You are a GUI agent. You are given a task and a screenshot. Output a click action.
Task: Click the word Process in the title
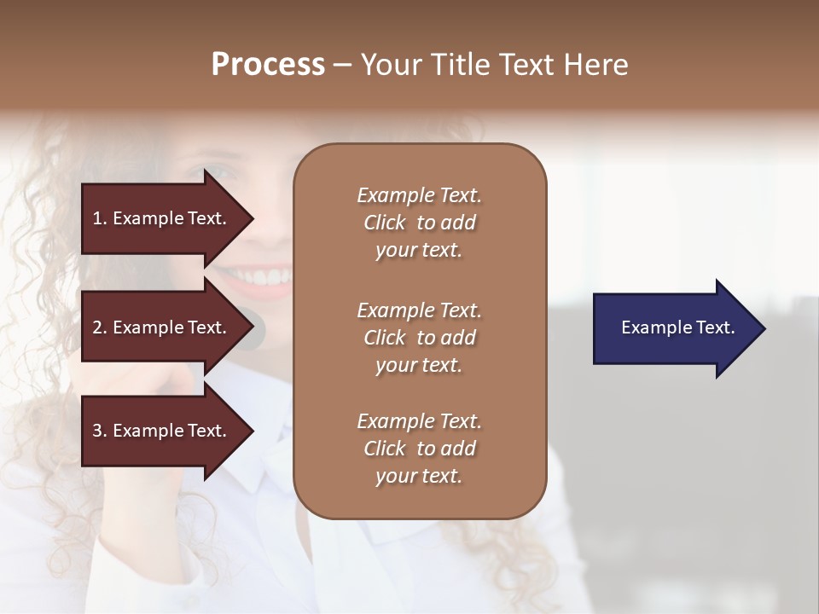click(268, 65)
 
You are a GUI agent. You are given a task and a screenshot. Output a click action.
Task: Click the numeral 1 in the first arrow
click(97, 218)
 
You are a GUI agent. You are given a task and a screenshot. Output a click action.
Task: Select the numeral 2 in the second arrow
click(97, 327)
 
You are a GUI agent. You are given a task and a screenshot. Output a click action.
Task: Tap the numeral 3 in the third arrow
click(97, 431)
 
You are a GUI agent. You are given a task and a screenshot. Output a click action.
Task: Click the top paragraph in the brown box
click(419, 223)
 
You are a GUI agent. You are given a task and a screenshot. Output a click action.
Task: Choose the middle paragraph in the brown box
click(419, 338)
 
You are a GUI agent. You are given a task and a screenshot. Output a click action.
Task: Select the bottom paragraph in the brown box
click(419, 449)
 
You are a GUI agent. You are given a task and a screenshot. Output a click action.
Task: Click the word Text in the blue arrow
click(716, 327)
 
